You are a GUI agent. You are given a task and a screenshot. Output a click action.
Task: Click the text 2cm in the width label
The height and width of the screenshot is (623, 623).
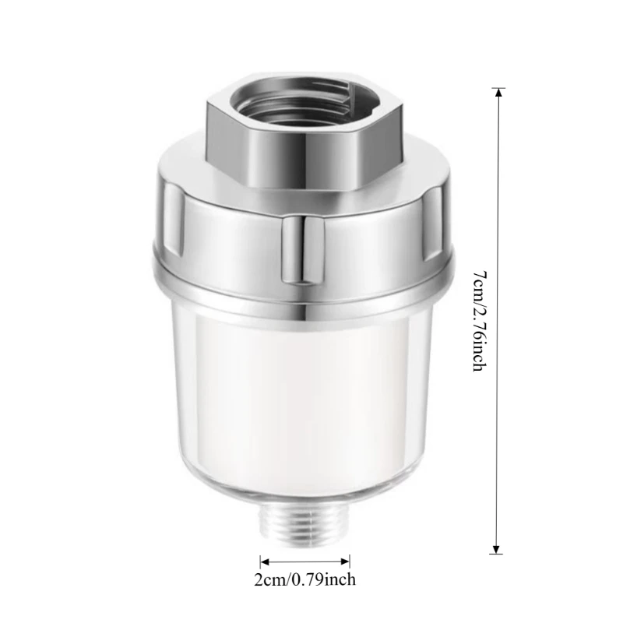269,579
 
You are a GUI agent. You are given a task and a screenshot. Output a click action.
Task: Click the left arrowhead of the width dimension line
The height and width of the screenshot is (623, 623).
265,561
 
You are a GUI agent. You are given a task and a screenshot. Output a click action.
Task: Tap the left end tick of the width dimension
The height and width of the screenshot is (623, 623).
260,561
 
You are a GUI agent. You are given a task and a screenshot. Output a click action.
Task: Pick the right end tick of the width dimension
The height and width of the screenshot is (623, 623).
350,561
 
